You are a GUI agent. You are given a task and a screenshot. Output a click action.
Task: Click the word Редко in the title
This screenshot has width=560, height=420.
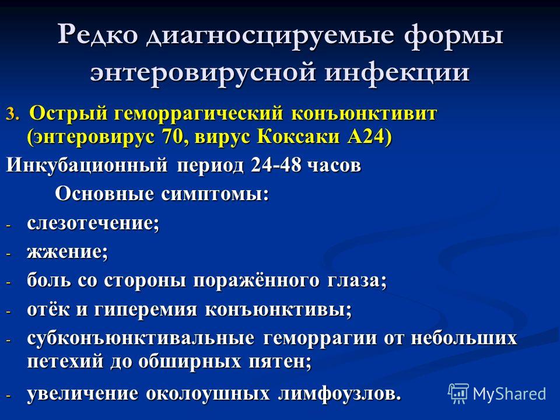[x=98, y=34]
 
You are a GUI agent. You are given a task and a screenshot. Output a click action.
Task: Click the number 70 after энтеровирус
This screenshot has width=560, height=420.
[x=172, y=136]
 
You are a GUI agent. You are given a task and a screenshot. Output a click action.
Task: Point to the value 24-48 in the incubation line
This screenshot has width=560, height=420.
[x=275, y=165]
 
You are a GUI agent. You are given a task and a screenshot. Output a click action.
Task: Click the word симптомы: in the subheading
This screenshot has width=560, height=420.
[x=215, y=195]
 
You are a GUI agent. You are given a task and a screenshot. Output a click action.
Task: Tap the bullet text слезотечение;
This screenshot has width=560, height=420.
[x=93, y=223]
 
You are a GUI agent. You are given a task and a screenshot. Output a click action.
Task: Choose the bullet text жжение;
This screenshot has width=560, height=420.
[x=67, y=252]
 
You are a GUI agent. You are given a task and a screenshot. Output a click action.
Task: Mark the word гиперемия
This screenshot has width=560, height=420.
[x=145, y=309]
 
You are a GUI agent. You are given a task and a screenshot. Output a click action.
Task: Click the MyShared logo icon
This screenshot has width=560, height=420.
[x=459, y=393]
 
